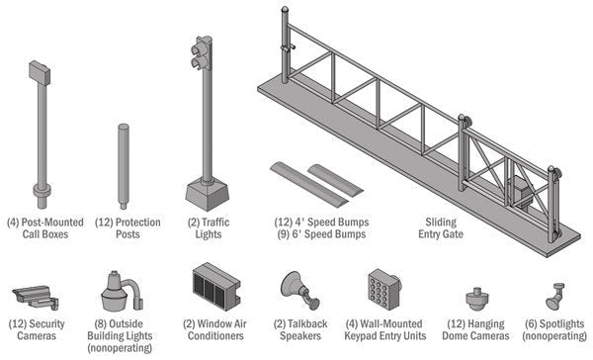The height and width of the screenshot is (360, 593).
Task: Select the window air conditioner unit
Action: (213, 287)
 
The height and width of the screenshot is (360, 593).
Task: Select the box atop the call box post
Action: (41, 70)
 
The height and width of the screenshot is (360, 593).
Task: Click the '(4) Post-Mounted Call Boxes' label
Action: (44, 228)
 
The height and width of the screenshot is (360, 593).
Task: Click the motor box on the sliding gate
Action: (521, 192)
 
